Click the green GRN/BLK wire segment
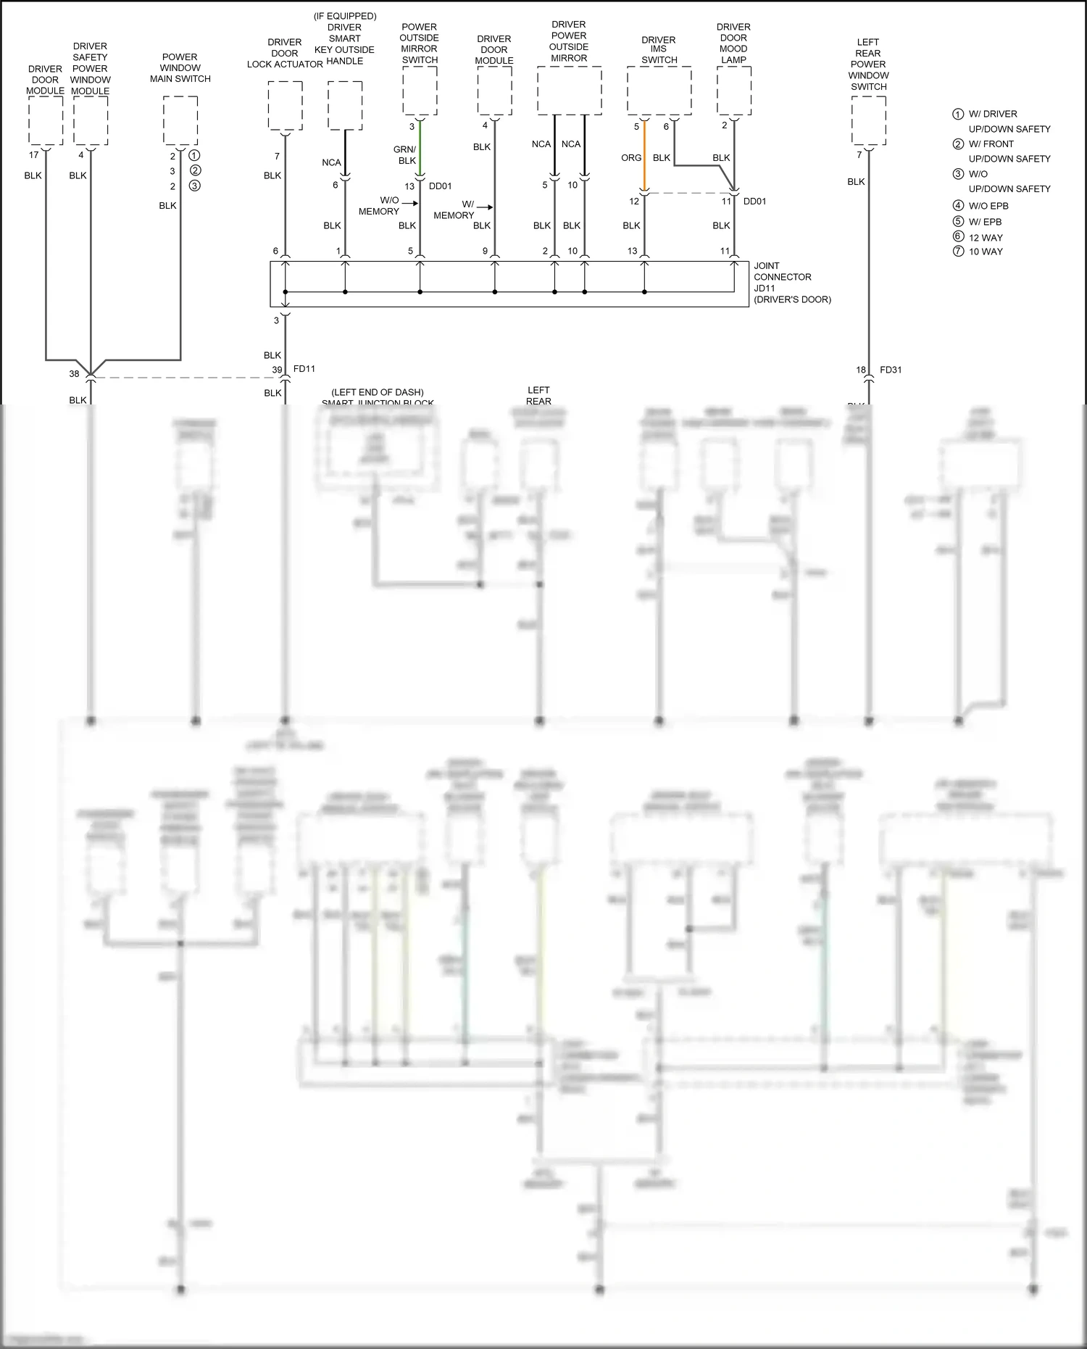pyautogui.click(x=420, y=149)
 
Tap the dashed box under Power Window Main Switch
pyautogui.click(x=180, y=121)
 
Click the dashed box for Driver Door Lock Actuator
pyautogui.click(x=285, y=106)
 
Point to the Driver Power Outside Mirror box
pyautogui.click(x=569, y=91)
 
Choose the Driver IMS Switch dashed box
pyautogui.click(x=659, y=91)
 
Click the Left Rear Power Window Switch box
pyautogui.click(x=868, y=121)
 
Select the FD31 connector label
pyautogui.click(x=891, y=370)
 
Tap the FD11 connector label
pyautogui.click(x=304, y=369)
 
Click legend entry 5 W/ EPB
pyautogui.click(x=985, y=222)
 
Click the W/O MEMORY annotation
pyautogui.click(x=379, y=206)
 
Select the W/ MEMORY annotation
pyautogui.click(x=454, y=209)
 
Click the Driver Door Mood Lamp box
pyautogui.click(x=734, y=91)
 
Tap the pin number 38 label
pyautogui.click(x=74, y=374)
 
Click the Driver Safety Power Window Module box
pyautogui.click(x=91, y=121)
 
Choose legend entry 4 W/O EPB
pyautogui.click(x=988, y=206)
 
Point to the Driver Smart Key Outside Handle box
pyautogui.click(x=345, y=106)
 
